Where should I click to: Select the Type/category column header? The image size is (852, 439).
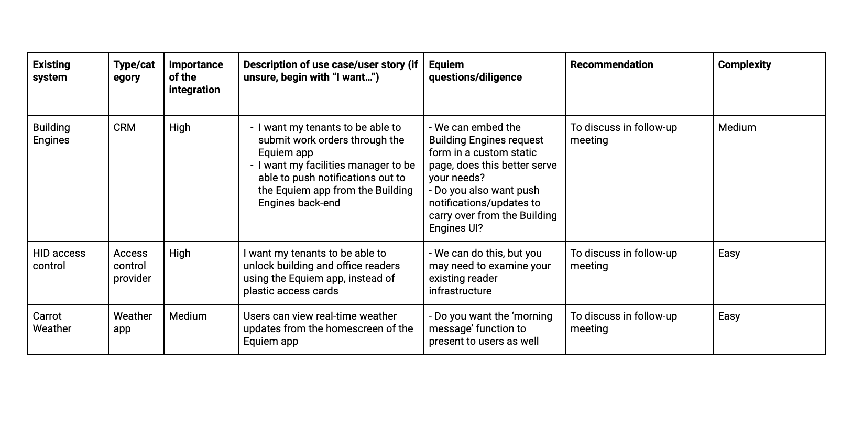[134, 71]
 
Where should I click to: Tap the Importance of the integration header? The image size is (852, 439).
[195, 77]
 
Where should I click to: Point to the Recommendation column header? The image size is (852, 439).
[611, 64]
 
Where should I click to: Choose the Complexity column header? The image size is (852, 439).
[744, 64]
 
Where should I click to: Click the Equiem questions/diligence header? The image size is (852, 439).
[475, 71]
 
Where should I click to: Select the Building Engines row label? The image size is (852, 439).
[51, 134]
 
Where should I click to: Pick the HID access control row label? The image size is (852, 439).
[59, 259]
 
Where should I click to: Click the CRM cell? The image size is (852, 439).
[124, 127]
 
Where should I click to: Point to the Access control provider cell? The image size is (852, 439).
[132, 266]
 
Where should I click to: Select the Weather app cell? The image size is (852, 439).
[133, 322]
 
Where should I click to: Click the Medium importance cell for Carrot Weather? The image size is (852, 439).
[188, 316]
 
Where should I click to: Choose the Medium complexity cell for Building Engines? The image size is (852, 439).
[737, 127]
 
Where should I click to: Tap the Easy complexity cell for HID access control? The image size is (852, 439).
[729, 253]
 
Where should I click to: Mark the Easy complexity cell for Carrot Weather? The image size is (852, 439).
[729, 316]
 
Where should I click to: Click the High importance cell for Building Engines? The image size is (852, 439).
[180, 127]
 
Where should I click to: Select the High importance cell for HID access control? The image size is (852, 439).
[180, 253]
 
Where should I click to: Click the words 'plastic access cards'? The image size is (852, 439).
[291, 291]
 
